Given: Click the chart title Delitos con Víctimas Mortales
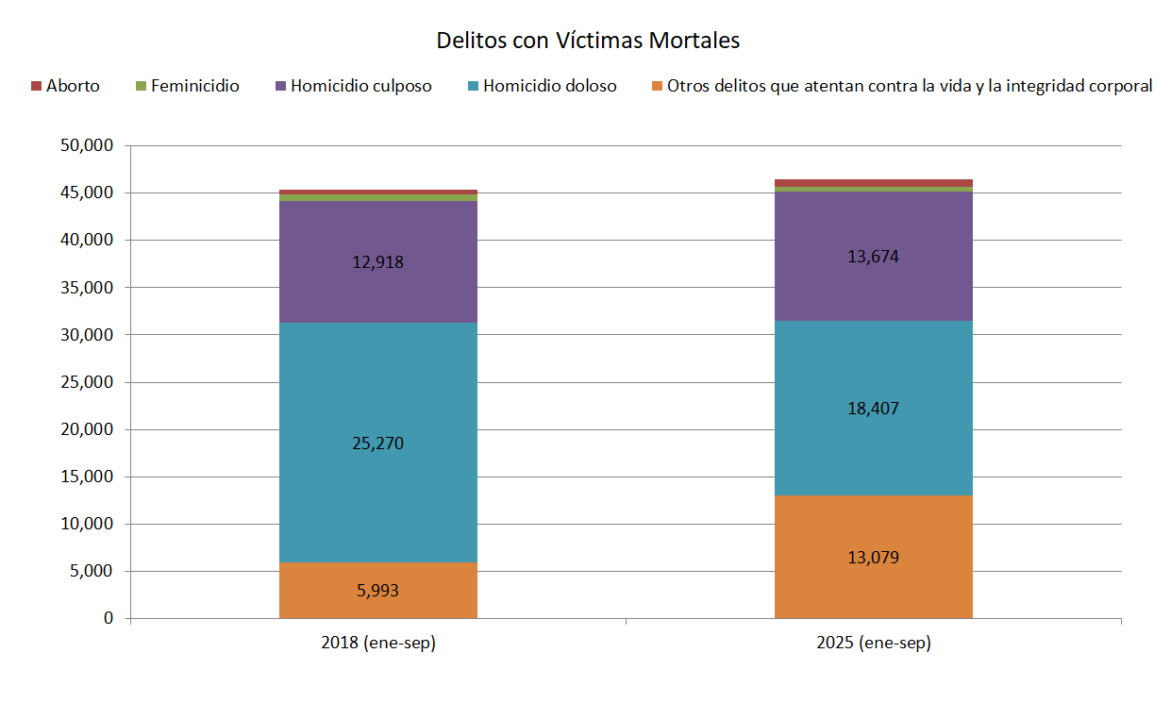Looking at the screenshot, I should (x=587, y=41).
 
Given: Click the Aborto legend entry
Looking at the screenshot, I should (x=65, y=86).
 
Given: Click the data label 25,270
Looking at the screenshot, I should (x=377, y=444).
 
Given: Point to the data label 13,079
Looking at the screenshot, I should (x=873, y=558).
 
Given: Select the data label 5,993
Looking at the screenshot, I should (x=377, y=592).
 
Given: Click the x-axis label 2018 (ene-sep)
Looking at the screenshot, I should (x=377, y=644).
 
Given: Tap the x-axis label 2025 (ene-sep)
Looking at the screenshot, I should (x=873, y=644).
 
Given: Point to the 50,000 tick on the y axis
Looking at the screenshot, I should (x=86, y=146).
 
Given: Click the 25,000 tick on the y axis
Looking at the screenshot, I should (x=86, y=382).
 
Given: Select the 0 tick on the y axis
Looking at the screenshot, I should (x=109, y=619).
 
